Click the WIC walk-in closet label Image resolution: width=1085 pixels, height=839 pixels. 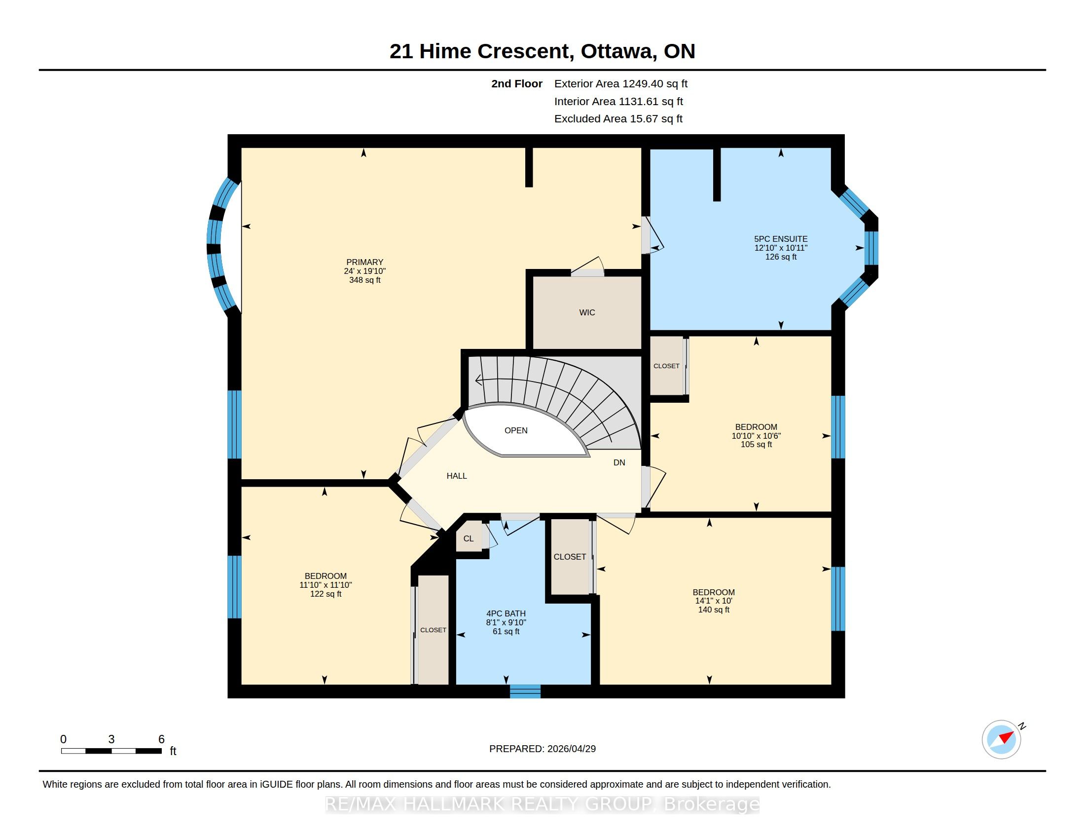pos(587,312)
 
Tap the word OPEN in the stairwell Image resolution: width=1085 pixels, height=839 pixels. pos(516,430)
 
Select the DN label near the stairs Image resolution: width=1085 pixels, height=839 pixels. pos(619,463)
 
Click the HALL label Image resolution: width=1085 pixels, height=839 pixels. pos(457,476)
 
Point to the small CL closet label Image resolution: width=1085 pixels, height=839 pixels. pos(469,539)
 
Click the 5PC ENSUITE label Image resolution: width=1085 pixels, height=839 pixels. pos(781,239)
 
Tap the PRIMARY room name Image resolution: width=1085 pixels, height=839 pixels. pos(364,263)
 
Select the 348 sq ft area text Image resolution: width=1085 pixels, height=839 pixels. pos(364,280)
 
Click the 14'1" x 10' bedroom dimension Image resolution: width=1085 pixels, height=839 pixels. pos(714,601)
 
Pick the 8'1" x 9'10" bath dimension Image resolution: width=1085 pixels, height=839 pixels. pos(506,623)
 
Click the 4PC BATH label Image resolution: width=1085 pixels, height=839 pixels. pos(506,614)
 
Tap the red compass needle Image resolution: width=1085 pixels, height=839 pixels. pos(1006,737)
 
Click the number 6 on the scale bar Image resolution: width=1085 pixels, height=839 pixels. pos(161,739)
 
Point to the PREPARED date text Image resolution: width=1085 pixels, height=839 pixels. pos(542,749)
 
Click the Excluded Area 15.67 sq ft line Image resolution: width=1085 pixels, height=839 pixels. pos(618,119)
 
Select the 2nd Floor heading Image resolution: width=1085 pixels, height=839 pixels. pos(517,84)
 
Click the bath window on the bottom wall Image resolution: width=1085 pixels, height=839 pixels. pos(525,691)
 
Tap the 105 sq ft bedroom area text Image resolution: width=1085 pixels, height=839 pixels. pos(756,445)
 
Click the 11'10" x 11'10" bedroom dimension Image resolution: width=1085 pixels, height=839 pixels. pos(325,585)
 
